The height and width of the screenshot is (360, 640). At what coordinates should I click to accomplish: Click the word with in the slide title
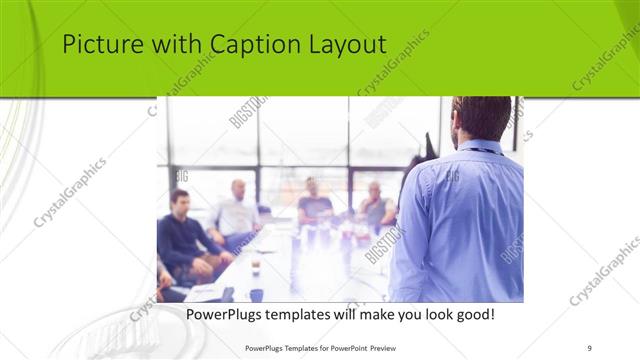tap(174, 46)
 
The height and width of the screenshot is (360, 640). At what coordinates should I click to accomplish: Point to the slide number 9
tap(590, 346)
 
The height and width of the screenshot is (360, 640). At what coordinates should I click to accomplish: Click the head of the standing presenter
tap(481, 119)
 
